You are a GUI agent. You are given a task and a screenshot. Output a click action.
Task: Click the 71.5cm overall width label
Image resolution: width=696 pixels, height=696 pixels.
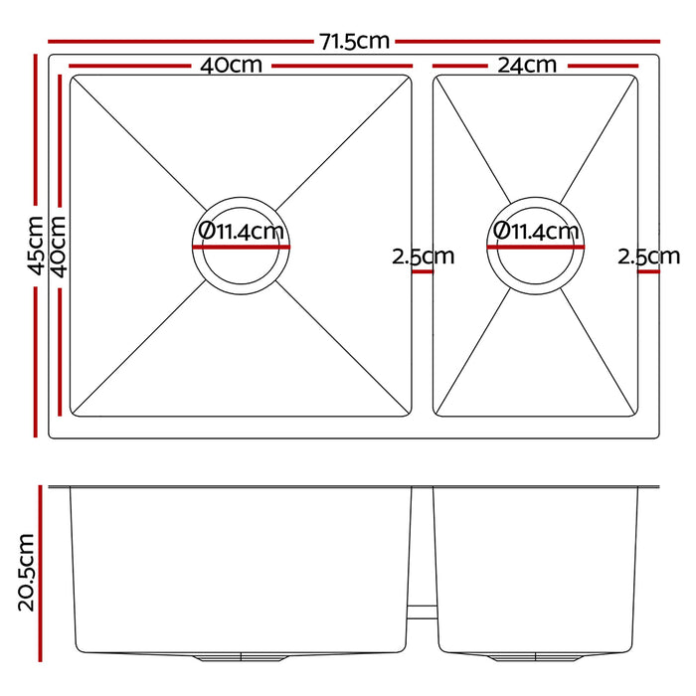coord(355,42)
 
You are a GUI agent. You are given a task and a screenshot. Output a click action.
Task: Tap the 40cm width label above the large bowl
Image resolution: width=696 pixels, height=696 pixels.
coord(232,66)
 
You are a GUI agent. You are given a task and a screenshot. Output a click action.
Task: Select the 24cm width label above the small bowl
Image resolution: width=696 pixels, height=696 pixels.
coord(527,66)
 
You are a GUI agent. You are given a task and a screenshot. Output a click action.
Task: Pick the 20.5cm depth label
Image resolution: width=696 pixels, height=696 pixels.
coord(27,571)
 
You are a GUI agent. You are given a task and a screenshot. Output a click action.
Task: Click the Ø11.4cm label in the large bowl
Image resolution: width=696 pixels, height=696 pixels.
coord(241,232)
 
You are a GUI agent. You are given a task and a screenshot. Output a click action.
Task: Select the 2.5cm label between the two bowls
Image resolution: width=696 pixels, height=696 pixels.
coord(423,256)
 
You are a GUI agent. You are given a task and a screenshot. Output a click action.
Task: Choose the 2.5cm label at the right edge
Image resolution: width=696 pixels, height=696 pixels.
coord(647,256)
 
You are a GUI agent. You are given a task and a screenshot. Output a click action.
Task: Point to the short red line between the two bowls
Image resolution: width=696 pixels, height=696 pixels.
coord(423,269)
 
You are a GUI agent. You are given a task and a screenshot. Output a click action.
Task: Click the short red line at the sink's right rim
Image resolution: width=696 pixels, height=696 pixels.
coord(648,269)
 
